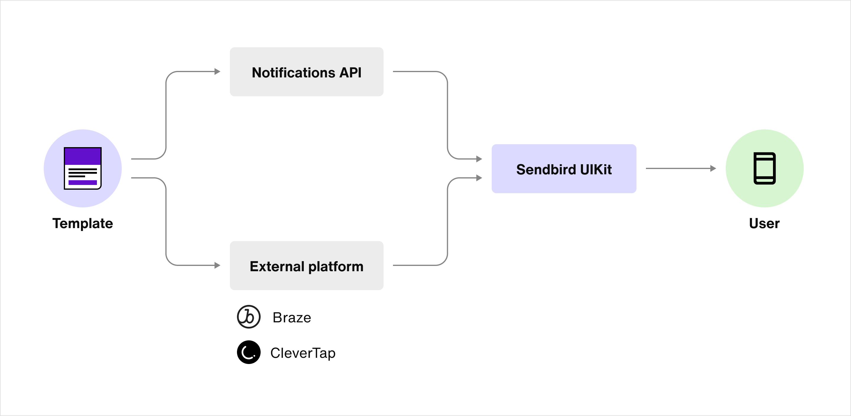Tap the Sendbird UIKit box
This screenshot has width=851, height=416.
pyautogui.click(x=563, y=168)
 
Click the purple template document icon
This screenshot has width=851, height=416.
pyautogui.click(x=83, y=168)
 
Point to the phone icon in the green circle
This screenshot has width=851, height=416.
pyautogui.click(x=764, y=168)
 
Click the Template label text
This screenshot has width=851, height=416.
pyautogui.click(x=83, y=223)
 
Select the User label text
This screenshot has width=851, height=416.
pyautogui.click(x=764, y=223)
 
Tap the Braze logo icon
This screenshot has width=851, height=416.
pyautogui.click(x=249, y=316)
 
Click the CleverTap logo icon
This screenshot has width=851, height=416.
pyautogui.click(x=249, y=352)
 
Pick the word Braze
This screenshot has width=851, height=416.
pyautogui.click(x=292, y=318)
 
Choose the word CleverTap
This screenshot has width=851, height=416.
pyautogui.click(x=303, y=353)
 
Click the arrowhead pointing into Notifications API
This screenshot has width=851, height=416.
pyautogui.click(x=217, y=71)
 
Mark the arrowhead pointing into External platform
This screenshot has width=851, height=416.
pyautogui.click(x=217, y=265)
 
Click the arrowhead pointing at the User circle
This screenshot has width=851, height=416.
pyautogui.click(x=713, y=168)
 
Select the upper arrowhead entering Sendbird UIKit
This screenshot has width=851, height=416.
pyautogui.click(x=479, y=159)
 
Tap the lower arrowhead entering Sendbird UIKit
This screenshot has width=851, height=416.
pyautogui.click(x=479, y=178)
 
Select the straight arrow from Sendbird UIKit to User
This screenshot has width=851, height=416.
pyautogui.click(x=677, y=168)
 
